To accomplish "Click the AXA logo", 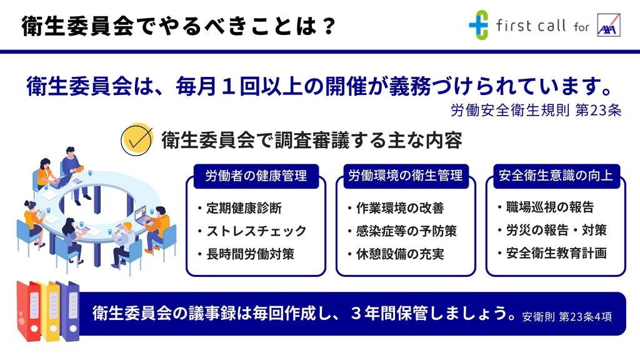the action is click(x=609, y=25).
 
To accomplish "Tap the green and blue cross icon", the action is click(x=478, y=25).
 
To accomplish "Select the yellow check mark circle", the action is click(x=137, y=139).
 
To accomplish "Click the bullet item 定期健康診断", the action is click(x=244, y=208).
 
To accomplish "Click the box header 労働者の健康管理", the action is click(x=256, y=176).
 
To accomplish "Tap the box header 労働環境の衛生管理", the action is click(x=406, y=176).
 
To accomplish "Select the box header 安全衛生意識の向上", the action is click(x=556, y=176).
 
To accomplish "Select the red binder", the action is click(x=29, y=311).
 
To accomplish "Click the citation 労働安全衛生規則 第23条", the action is click(x=536, y=110).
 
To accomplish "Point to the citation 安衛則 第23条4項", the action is click(x=567, y=317).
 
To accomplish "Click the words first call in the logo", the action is click(x=531, y=26).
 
